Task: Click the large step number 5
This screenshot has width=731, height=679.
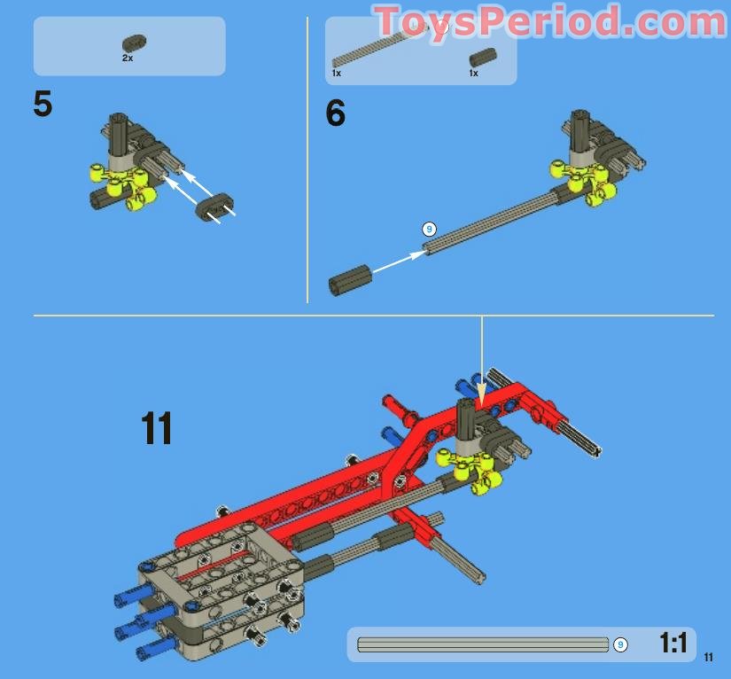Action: (x=43, y=105)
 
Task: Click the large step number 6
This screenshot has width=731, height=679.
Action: (x=335, y=114)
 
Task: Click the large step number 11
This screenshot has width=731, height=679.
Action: (x=157, y=429)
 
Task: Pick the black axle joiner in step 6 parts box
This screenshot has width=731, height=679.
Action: (x=482, y=58)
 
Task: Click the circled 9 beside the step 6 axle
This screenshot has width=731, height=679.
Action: (x=429, y=229)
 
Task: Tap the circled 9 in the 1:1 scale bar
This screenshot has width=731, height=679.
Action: (x=620, y=644)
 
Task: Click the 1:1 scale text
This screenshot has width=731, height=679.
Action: (x=673, y=644)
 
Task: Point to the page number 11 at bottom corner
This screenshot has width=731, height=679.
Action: (x=708, y=657)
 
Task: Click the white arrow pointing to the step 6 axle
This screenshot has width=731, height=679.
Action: (x=398, y=260)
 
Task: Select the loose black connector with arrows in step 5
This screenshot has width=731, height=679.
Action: (x=213, y=206)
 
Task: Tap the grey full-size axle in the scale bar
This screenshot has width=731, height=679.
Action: (x=483, y=644)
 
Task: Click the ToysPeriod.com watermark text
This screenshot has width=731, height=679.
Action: (x=549, y=21)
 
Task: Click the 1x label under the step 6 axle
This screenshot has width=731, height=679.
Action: (x=337, y=74)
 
